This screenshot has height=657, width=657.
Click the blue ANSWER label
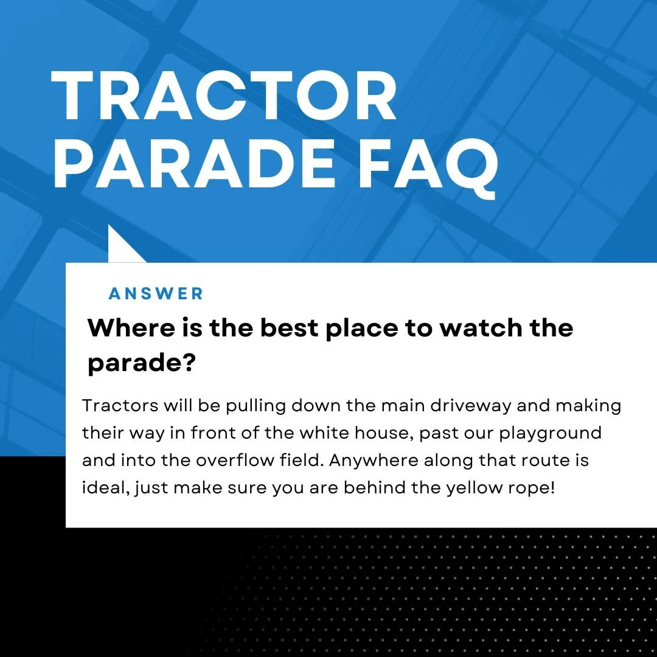[156, 294]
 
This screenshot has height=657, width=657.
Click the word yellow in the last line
[474, 488]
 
